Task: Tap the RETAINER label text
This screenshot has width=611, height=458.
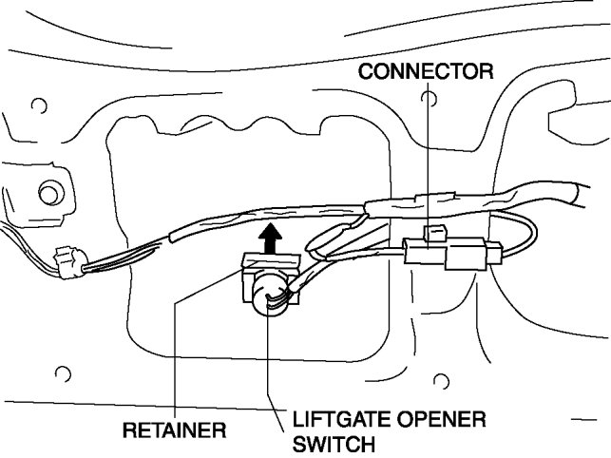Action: tap(175, 430)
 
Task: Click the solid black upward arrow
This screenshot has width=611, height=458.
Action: tap(273, 237)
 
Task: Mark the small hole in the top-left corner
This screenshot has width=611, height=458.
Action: tap(39, 105)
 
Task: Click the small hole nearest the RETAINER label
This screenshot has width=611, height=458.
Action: tap(63, 372)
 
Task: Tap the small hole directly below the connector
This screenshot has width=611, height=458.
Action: tap(440, 382)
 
